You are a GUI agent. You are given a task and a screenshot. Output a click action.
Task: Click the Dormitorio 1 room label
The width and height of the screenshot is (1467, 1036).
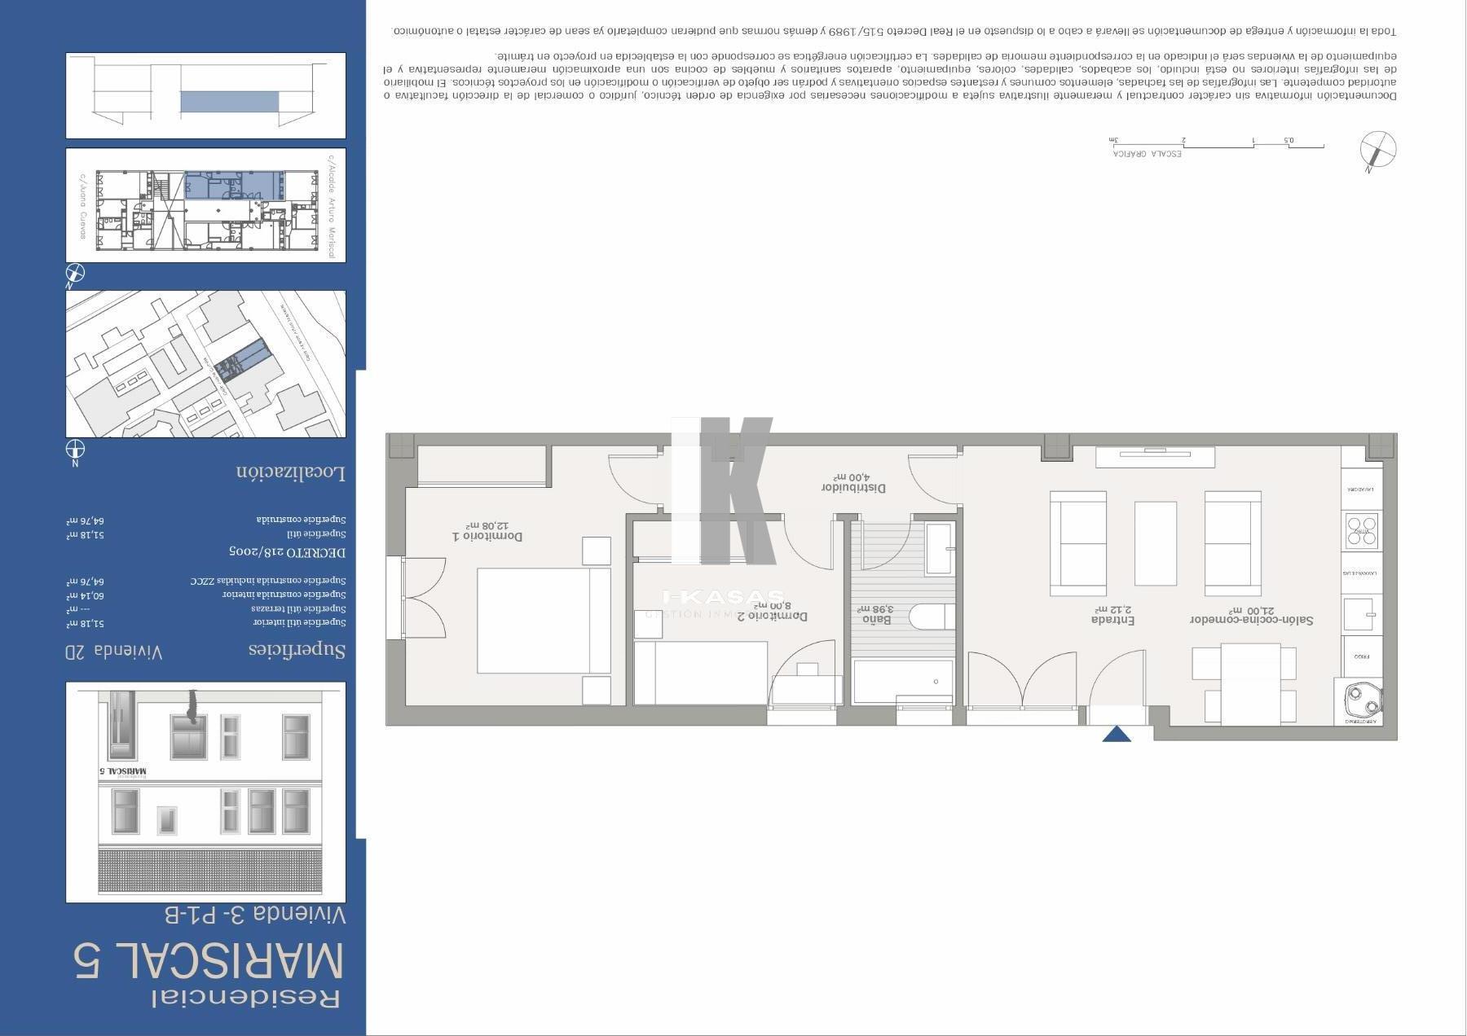click(x=487, y=536)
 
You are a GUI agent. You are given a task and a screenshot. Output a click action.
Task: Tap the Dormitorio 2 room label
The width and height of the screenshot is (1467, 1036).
click(x=772, y=616)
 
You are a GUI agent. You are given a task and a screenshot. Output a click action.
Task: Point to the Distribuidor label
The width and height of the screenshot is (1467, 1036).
click(x=852, y=487)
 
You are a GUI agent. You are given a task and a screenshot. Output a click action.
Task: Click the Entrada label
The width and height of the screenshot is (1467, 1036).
click(x=1112, y=619)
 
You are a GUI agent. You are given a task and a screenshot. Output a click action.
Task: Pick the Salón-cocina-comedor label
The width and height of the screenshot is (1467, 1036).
click(x=1251, y=619)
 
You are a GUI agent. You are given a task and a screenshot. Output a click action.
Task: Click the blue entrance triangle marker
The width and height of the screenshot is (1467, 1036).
click(x=1117, y=735)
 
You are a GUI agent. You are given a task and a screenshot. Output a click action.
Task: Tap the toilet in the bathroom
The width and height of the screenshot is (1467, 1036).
click(x=931, y=616)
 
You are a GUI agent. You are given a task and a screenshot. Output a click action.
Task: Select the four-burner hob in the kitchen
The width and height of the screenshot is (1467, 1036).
click(x=1362, y=529)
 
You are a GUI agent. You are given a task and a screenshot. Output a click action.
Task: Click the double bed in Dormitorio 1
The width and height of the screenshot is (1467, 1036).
click(x=544, y=621)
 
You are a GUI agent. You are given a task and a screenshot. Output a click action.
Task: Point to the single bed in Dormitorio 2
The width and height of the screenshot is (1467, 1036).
click(x=701, y=673)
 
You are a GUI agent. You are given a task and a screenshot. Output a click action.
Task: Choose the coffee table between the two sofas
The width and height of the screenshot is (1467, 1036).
click(x=1156, y=543)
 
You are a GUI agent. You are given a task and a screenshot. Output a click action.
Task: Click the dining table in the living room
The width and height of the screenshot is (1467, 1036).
click(x=1250, y=684)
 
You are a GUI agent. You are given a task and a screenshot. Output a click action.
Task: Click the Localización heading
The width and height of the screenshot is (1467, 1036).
click(x=291, y=472)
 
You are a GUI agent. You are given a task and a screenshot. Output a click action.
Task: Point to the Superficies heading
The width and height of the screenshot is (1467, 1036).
click(x=297, y=650)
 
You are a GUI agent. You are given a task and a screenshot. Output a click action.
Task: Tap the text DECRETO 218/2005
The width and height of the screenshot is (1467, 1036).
click(x=287, y=552)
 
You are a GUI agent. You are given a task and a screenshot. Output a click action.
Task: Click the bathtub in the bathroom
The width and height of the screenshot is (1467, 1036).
click(x=902, y=681)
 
